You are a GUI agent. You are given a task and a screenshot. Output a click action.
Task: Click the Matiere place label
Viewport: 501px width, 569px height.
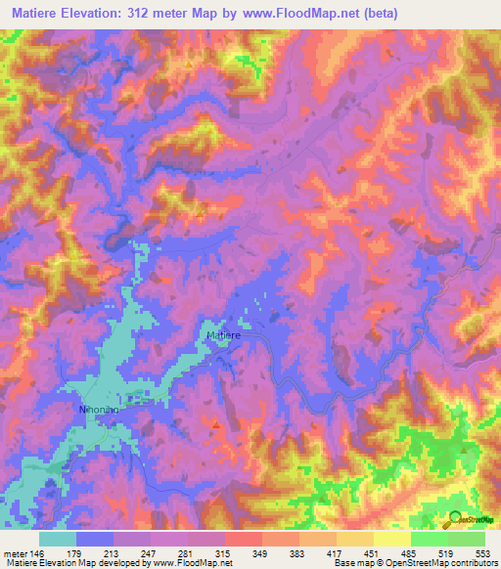coord(223,335)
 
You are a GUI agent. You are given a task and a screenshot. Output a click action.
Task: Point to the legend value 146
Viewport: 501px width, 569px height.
coord(37,552)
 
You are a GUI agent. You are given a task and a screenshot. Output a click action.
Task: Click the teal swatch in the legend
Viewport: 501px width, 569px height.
coord(58,539)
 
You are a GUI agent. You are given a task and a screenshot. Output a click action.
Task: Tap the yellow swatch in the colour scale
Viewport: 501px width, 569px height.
coord(392,539)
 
